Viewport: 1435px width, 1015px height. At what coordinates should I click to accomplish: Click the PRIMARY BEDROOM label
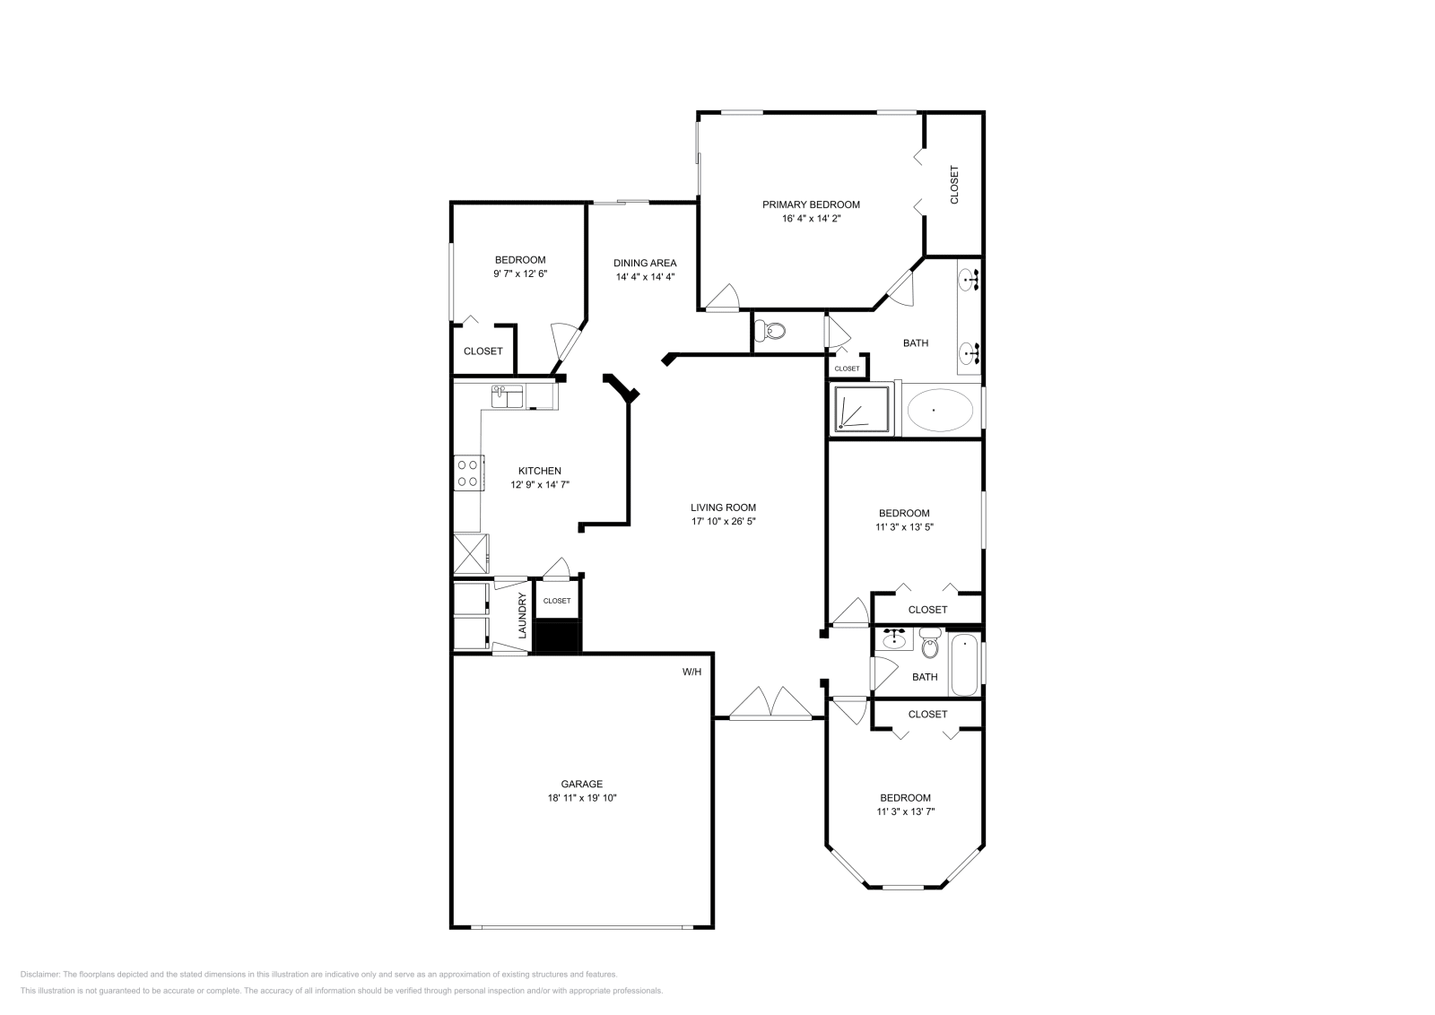coord(811,204)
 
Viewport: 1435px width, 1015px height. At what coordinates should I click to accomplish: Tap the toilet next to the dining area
coord(771,332)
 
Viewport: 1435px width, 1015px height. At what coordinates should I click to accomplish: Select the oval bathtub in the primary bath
coord(939,410)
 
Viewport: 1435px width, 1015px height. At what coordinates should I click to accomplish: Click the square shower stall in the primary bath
coord(862,409)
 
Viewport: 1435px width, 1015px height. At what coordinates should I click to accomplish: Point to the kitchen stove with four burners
coord(468,473)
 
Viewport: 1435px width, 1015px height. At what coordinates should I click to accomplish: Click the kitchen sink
coord(507,395)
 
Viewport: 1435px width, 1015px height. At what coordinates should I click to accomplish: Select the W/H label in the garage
coord(691,672)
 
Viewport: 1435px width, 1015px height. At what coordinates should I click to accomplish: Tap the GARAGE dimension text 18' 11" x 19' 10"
coord(582,797)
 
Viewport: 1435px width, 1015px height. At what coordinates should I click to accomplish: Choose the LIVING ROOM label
coord(723,507)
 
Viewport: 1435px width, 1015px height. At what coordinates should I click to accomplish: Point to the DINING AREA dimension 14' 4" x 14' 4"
coord(645,277)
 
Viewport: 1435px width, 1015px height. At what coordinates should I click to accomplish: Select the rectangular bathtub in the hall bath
coord(964,664)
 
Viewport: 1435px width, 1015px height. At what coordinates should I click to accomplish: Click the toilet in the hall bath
coord(929,645)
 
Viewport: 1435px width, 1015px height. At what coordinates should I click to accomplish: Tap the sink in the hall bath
coord(893,640)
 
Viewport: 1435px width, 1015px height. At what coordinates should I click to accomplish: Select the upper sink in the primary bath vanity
coord(970,281)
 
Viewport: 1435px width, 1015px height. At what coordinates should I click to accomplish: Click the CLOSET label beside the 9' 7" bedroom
coord(483,351)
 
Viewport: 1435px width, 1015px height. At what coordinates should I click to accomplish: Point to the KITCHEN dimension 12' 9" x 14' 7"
coord(540,484)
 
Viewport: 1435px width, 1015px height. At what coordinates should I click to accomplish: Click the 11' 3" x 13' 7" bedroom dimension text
coord(905,811)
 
